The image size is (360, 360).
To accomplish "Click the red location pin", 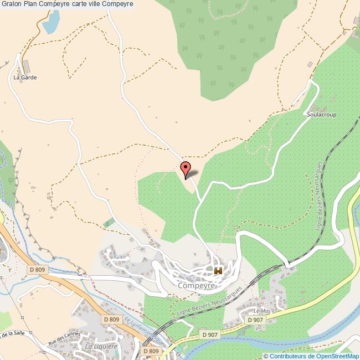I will point(186,168).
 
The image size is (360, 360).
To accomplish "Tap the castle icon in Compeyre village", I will point(218,271).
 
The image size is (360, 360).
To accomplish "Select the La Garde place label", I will point(25,78).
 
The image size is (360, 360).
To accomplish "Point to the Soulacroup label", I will point(321,115).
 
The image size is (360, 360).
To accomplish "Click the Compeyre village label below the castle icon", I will point(196,286).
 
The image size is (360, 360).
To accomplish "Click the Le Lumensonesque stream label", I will point(143,330).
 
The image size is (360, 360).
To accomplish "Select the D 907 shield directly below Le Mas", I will point(255,320).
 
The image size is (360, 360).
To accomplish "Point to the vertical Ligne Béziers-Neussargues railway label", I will point(319,194).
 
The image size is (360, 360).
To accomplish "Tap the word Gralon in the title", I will point(11,4).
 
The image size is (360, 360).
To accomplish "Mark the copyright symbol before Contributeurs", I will point(266,356).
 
